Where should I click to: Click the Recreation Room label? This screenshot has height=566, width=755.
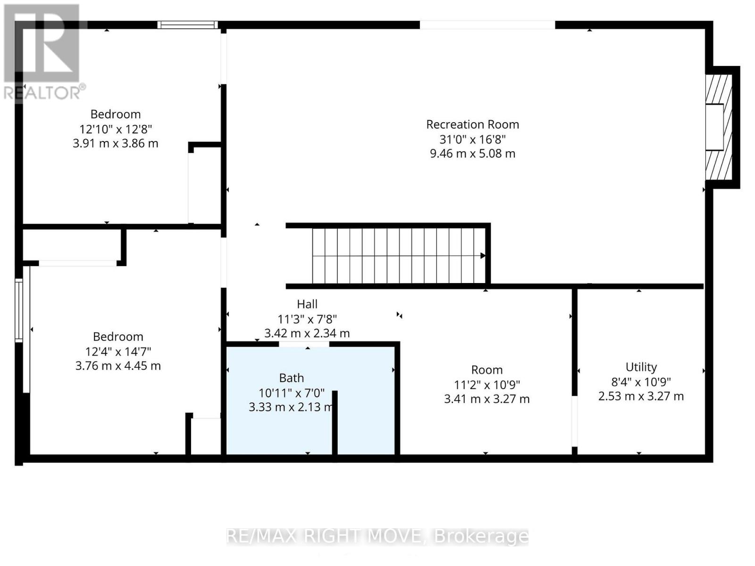pyautogui.click(x=472, y=125)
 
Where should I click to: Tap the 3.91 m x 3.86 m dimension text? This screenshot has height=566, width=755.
pyautogui.click(x=116, y=143)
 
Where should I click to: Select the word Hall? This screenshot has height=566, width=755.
pyautogui.click(x=307, y=304)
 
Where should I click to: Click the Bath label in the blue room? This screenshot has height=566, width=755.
pyautogui.click(x=291, y=378)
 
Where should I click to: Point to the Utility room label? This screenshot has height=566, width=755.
pyautogui.click(x=641, y=367)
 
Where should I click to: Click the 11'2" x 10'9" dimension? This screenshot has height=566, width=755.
pyautogui.click(x=487, y=385)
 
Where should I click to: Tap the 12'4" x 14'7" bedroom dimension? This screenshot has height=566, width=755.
pyautogui.click(x=118, y=352)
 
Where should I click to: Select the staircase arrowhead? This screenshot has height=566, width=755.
pyautogui.click(x=483, y=256)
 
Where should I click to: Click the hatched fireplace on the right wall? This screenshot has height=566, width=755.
pyautogui.click(x=719, y=127)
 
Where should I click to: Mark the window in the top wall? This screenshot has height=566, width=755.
pyautogui.click(x=187, y=25)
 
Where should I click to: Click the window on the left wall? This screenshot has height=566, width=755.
pyautogui.click(x=19, y=310)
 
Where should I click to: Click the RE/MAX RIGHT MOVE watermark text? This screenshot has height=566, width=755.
pyautogui.click(x=377, y=537)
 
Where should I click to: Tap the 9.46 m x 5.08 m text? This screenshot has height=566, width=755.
pyautogui.click(x=473, y=154)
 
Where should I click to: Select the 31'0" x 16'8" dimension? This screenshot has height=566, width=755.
pyautogui.click(x=473, y=140)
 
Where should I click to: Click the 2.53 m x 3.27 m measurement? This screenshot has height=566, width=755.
pyautogui.click(x=641, y=396)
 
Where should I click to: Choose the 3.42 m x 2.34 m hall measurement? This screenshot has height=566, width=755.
pyautogui.click(x=307, y=333)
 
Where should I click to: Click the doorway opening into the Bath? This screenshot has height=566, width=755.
pyautogui.click(x=304, y=344)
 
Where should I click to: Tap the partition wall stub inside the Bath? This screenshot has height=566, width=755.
pyautogui.click(x=335, y=423)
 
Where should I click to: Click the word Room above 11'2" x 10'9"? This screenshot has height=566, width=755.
pyautogui.click(x=487, y=370)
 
